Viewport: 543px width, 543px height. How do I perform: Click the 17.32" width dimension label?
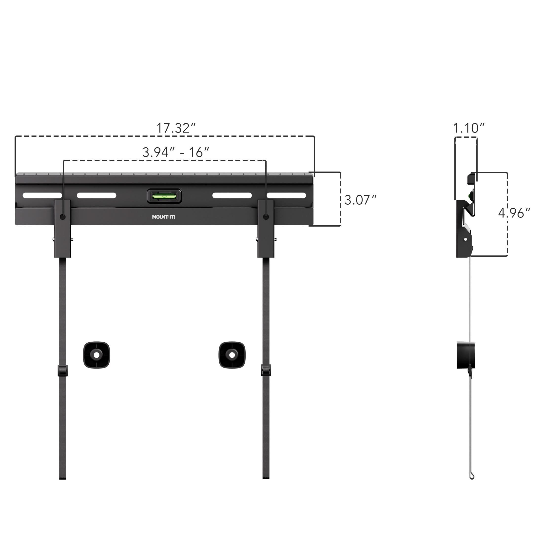click(176, 128)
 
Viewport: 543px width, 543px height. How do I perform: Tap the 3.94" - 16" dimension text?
click(176, 152)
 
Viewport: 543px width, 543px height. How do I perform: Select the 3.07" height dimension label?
click(360, 200)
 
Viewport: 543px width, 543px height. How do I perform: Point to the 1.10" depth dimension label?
click(468, 128)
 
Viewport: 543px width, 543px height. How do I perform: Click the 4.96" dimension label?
click(514, 213)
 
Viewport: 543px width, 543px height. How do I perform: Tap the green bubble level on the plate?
click(164, 196)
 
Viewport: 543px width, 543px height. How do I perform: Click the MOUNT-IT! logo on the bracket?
click(163, 217)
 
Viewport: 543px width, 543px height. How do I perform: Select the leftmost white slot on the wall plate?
click(42, 195)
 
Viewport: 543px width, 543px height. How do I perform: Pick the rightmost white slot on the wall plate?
click(286, 195)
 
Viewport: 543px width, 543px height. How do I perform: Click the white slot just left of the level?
click(97, 195)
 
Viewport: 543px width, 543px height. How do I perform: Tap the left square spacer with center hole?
click(97, 355)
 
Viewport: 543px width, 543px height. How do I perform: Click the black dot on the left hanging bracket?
click(63, 217)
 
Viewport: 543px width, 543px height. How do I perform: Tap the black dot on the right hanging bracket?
click(266, 217)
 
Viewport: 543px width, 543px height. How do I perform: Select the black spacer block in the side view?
click(466, 355)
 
